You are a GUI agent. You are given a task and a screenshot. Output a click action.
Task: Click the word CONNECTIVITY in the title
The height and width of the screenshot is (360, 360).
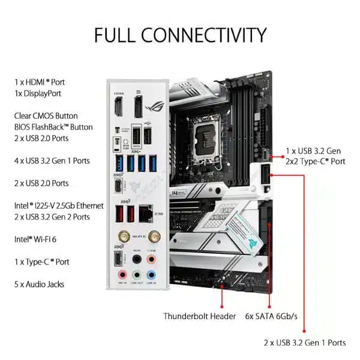201,34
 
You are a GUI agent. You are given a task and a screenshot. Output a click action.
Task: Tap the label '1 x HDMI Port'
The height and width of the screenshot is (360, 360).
40,82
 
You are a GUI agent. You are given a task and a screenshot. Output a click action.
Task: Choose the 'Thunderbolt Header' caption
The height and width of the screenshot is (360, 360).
199,316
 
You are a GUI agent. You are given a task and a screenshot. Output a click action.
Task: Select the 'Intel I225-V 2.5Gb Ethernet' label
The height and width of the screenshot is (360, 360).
59,205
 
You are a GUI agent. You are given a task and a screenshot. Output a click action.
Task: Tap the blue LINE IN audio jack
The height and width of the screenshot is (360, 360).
152,274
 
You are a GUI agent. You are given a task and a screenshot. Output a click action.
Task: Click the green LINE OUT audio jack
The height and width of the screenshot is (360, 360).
136,274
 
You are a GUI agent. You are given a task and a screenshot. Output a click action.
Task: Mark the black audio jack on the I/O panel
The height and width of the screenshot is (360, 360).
136,259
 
